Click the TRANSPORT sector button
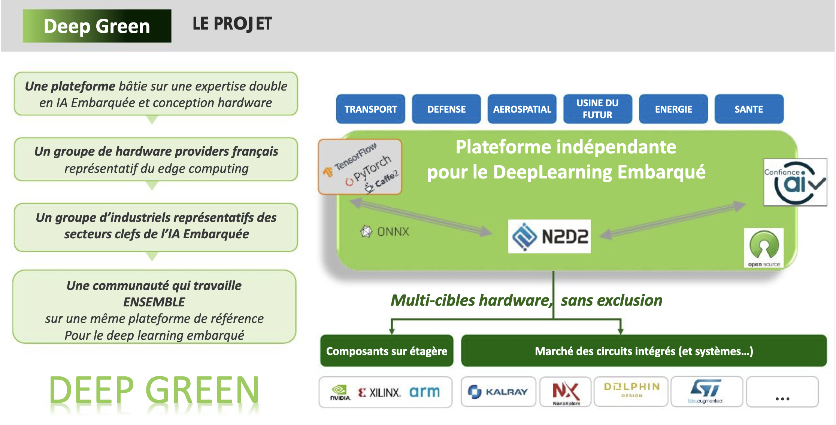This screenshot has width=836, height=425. coord(370,109)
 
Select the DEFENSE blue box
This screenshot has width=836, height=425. coord(446,109)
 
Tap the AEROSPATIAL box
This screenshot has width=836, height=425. coord(522,109)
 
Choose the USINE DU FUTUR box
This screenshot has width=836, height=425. coord(597,109)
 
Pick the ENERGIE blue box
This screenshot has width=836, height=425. coord(673,109)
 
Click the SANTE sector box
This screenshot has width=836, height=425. coord(749,109)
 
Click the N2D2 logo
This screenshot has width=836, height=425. coord(549,236)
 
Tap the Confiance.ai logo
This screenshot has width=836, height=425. coord(795,182)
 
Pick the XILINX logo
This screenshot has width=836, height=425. coord(379,392)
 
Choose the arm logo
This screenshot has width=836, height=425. coord(424,392)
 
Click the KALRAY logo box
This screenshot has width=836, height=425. coord(499,392)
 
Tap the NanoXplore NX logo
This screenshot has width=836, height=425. coord(566,392)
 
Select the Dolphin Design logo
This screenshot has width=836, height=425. coord(631,389)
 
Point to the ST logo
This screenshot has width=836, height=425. coord(706,391)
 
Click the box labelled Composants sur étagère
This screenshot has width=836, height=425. coord(387,351)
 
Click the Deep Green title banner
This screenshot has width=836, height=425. coord(97,26)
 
